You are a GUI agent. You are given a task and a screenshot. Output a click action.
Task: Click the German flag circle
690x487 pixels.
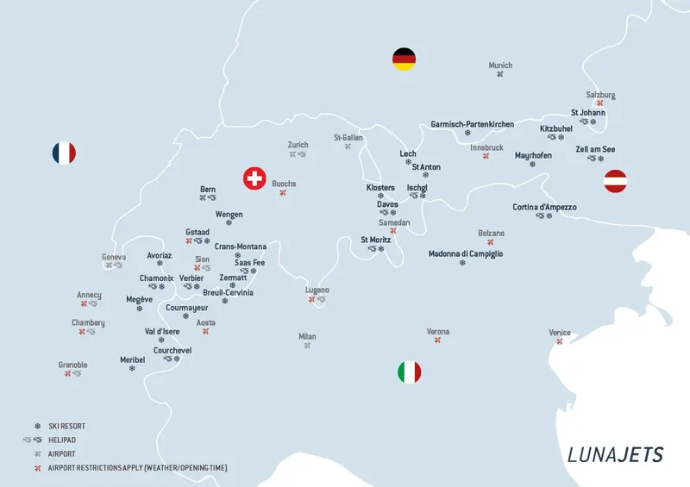pos(404,59)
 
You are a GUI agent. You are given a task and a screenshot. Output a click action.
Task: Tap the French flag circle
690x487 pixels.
pos(64,153)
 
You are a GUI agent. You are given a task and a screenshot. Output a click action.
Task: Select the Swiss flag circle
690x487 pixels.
pos(254,178)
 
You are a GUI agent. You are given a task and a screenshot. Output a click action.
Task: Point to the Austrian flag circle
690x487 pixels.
pos(615,181)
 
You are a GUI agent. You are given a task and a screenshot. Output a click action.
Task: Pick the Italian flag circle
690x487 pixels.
pos(409,372)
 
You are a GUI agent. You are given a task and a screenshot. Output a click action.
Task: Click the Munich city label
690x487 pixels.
pos(500,66)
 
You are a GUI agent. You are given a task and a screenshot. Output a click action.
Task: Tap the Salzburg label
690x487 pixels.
pos(600,95)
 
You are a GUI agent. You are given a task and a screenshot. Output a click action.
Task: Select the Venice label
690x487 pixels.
pos(560,333)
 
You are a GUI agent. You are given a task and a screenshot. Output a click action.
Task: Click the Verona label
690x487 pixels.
pos(438,331)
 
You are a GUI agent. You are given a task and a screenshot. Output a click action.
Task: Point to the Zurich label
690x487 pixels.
pos(298,145)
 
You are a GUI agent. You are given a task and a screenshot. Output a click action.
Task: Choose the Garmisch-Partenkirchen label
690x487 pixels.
pos(472,124)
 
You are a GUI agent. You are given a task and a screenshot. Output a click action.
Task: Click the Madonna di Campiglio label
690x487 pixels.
pos(466,254)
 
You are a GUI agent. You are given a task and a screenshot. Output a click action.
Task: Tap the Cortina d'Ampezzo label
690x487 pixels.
pos(544,207)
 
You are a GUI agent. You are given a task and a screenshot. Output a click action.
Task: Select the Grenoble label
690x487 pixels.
pos(72,365)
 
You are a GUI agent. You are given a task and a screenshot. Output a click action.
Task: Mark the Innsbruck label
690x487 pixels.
pos(486,147)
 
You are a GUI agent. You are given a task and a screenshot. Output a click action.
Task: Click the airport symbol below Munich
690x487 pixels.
pos(500,75)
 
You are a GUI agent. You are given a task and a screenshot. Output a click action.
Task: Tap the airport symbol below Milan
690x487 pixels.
pos(307,346)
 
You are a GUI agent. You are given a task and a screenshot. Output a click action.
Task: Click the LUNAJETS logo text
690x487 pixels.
pos(615,454)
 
